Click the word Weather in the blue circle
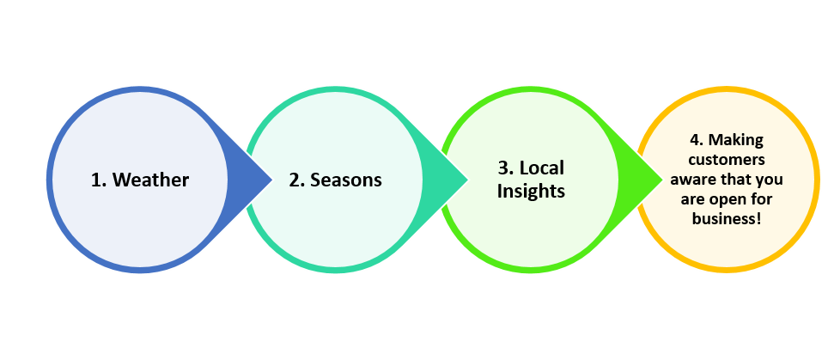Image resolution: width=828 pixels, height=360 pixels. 150,180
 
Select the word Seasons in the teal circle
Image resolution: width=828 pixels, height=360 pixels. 346,180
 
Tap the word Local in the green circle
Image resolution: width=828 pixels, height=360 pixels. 542,168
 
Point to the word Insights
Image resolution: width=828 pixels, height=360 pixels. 532,192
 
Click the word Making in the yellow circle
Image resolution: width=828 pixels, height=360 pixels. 737,139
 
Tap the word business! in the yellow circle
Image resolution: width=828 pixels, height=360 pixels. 726,219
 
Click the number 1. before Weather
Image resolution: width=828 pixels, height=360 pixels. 100,180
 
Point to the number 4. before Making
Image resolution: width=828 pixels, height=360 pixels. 697,139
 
